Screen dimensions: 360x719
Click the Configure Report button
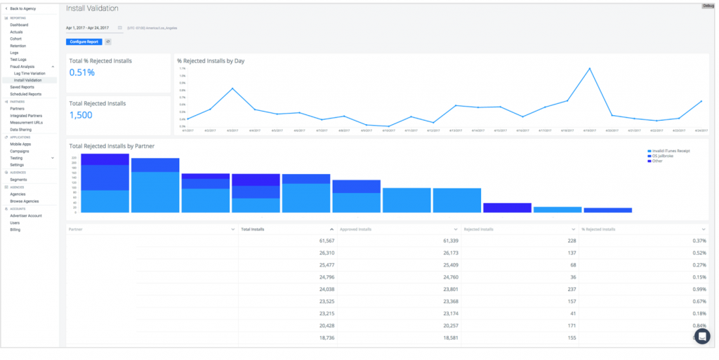coord(84,42)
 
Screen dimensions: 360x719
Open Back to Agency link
coord(22,8)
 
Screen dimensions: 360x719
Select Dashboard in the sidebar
coord(19,25)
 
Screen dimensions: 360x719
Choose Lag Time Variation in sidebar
coord(29,73)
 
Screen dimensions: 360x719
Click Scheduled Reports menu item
coord(25,93)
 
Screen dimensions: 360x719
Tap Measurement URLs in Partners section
coord(25,122)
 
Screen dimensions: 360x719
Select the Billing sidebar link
coord(15,229)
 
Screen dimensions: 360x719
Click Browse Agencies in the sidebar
coord(24,201)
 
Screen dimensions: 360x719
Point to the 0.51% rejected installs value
coord(81,72)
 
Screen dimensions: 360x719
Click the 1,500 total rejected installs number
coord(81,115)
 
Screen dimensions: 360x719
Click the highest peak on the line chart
coord(589,69)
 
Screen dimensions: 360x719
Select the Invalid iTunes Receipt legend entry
coord(671,150)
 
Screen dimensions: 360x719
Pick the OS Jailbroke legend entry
coord(664,155)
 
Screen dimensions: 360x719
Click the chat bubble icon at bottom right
coord(701,336)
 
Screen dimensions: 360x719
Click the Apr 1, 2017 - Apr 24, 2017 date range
coord(87,28)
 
